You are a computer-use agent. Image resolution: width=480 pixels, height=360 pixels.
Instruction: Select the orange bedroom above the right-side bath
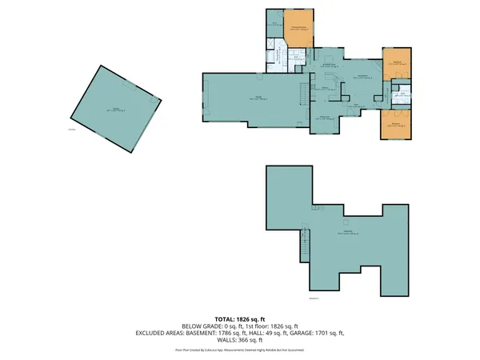point(397,65)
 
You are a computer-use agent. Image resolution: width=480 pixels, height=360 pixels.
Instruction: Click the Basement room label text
point(349,233)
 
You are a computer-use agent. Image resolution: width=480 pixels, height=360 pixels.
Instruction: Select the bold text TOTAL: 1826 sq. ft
point(240,319)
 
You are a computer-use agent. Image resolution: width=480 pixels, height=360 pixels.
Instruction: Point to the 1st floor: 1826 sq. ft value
point(272,326)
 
